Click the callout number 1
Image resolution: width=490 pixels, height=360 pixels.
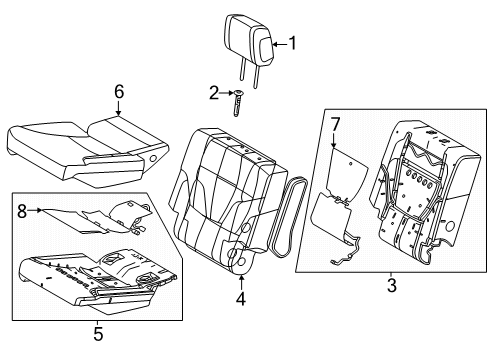293,43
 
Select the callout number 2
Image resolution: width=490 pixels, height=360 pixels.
214,93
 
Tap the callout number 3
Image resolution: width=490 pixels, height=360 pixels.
390,286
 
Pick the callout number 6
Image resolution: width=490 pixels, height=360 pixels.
119,93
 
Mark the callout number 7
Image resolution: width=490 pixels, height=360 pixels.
336,124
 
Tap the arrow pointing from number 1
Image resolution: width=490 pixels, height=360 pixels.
279,43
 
